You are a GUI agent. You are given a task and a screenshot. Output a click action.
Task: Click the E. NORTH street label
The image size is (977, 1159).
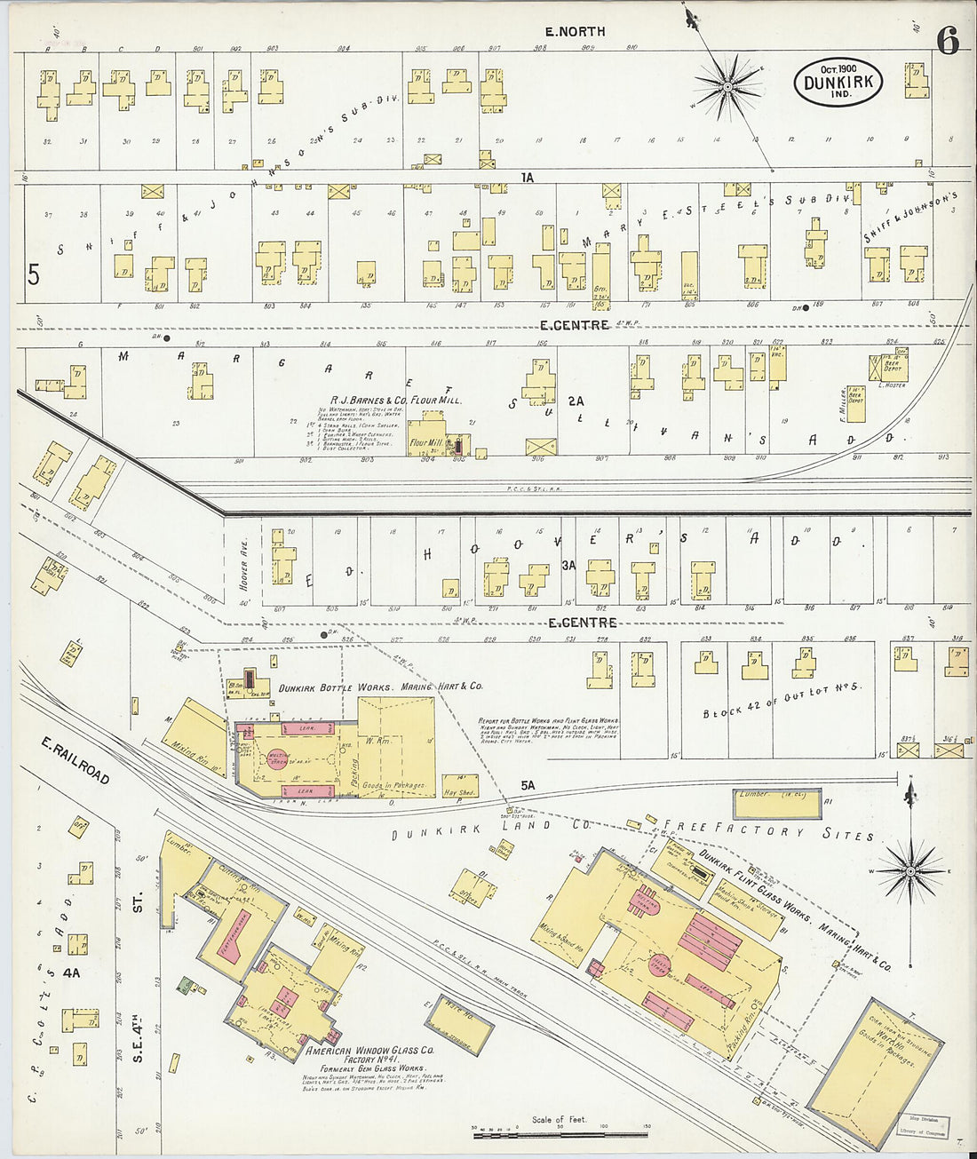pyautogui.click(x=575, y=31)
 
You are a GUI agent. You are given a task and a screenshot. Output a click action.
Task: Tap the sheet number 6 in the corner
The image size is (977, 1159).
pyautogui.click(x=948, y=41)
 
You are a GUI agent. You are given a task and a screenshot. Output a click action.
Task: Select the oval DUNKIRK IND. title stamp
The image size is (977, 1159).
pyautogui.click(x=838, y=82)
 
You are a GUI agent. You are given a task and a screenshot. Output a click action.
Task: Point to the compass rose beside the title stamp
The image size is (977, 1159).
pyautogui.click(x=728, y=86)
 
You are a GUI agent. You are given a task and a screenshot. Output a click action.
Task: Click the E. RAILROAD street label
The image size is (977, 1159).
pyautogui.click(x=75, y=760)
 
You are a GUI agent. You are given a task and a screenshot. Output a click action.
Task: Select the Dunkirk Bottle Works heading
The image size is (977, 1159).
pyautogui.click(x=380, y=687)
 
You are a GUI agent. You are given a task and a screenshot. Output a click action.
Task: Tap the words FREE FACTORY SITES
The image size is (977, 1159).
pyautogui.click(x=782, y=832)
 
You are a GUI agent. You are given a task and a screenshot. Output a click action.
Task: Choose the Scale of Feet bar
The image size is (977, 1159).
pyautogui.click(x=560, y=1134)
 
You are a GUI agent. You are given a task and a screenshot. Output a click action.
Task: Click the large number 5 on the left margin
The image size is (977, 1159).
pyautogui.click(x=33, y=275)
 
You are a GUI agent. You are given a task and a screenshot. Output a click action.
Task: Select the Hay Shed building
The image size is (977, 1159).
pyautogui.click(x=459, y=785)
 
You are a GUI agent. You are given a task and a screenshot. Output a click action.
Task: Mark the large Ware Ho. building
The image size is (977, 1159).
pyautogui.click(x=876, y=1069)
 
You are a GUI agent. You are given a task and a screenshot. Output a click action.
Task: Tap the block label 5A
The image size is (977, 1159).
pyautogui.click(x=529, y=785)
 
